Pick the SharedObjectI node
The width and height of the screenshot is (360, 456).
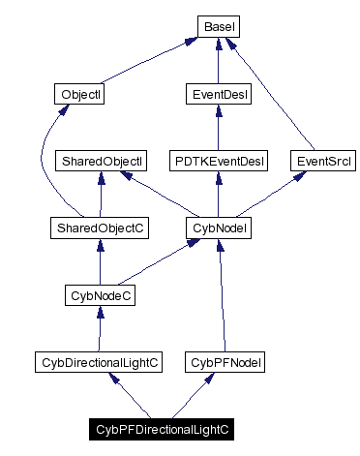(102, 160)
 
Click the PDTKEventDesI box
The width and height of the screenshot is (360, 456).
(218, 160)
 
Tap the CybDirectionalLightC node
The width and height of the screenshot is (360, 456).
(99, 361)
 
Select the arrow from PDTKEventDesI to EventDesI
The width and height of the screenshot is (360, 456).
(218, 127)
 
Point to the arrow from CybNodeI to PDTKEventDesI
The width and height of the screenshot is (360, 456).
(218, 194)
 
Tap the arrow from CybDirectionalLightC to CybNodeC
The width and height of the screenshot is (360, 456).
(100, 328)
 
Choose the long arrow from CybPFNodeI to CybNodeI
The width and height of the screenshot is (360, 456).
(223, 294)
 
